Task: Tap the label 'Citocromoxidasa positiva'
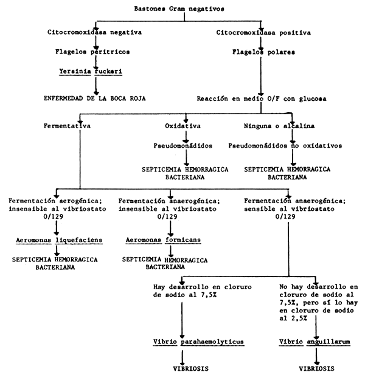tap(262, 31)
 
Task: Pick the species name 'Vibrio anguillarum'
tap(315, 342)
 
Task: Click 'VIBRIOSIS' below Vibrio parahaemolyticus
tap(185, 368)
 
